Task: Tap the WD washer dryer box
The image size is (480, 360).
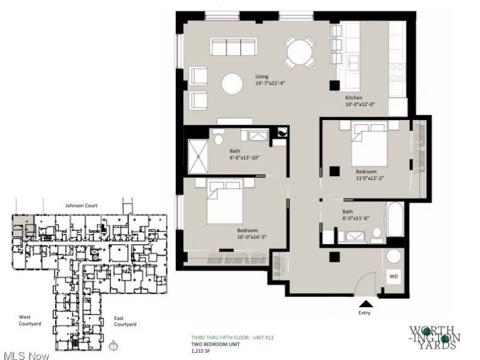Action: click(x=394, y=277)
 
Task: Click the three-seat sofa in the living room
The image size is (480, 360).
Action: click(x=233, y=47)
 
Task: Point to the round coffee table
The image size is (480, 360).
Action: click(x=232, y=83)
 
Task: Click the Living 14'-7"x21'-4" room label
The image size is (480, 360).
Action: click(x=271, y=80)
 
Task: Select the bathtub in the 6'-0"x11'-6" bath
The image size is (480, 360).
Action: click(x=396, y=219)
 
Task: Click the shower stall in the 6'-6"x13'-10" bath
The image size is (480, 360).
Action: click(x=198, y=156)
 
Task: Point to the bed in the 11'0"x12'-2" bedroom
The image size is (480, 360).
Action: click(x=370, y=143)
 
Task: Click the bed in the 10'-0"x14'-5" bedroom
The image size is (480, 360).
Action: click(x=225, y=202)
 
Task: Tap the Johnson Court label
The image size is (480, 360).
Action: click(x=82, y=205)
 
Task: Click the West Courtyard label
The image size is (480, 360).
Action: click(x=29, y=320)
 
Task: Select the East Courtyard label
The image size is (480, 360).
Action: click(x=125, y=321)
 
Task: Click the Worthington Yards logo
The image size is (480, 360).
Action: click(x=435, y=338)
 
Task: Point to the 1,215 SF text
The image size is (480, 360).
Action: click(x=200, y=351)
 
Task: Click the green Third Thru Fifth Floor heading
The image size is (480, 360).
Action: click(x=232, y=338)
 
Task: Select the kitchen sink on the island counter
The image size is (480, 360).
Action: click(x=354, y=63)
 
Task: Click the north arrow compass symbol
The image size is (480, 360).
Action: click(x=113, y=346)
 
